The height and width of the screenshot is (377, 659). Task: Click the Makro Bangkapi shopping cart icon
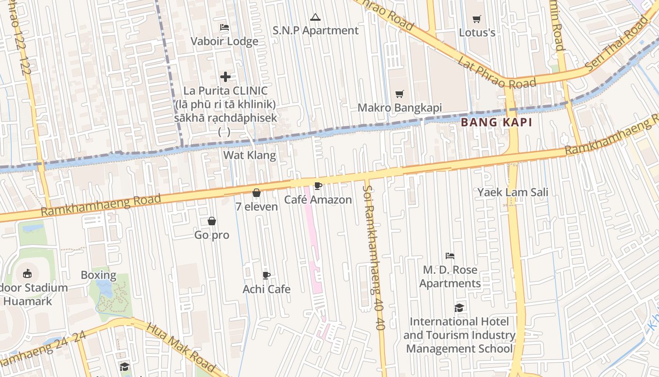click(400, 94)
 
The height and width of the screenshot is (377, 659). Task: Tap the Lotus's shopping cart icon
click(477, 19)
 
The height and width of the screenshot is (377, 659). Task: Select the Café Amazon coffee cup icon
click(318, 186)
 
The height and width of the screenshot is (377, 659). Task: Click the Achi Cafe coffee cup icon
click(266, 275)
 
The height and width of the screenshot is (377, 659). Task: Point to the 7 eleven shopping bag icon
click(257, 193)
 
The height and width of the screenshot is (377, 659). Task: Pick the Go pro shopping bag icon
click(212, 221)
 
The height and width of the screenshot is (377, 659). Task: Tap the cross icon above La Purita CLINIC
click(225, 77)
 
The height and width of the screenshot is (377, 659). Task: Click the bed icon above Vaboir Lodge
click(225, 27)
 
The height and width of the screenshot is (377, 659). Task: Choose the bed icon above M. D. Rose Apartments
click(450, 256)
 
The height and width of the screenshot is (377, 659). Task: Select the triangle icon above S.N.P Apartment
click(315, 17)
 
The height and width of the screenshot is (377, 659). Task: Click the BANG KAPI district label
click(496, 123)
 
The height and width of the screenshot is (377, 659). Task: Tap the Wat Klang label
click(249, 155)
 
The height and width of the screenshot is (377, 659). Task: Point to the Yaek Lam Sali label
click(513, 192)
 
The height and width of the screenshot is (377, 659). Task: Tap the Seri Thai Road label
click(617, 45)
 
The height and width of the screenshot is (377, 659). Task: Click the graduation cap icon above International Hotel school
click(459, 308)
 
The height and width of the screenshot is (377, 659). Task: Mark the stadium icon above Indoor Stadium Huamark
click(27, 273)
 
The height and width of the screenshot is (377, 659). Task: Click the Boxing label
click(98, 275)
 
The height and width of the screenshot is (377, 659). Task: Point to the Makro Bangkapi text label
click(400, 107)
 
